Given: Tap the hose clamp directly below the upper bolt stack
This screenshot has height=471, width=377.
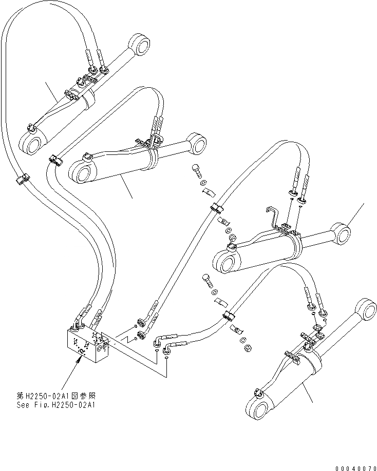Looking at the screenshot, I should (215, 208).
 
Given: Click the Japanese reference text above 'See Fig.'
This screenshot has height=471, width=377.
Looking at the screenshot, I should (63, 396).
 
